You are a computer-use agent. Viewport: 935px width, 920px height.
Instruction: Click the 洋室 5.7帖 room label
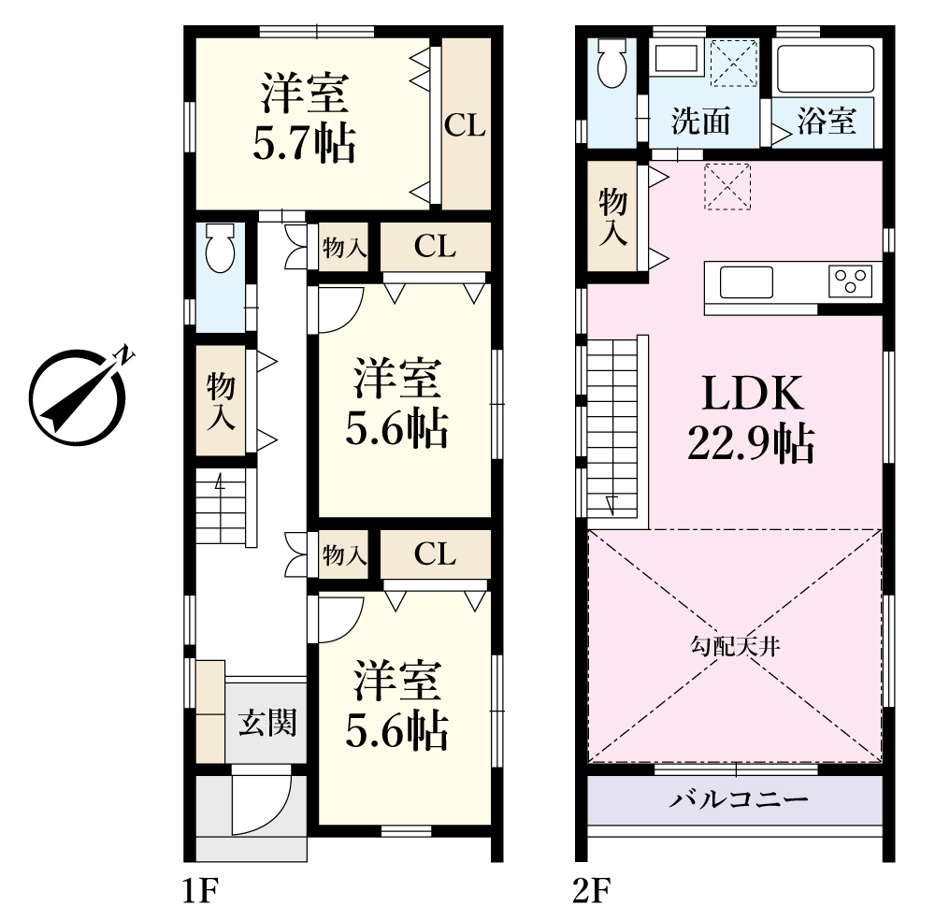[x=305, y=118]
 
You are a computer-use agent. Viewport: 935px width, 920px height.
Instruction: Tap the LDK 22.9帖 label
[x=752, y=418]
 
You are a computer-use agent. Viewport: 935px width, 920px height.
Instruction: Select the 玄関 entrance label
[x=267, y=723]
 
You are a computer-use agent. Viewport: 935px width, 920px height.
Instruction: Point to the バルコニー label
[x=739, y=799]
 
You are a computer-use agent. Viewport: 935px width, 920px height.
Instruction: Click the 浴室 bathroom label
[x=827, y=121]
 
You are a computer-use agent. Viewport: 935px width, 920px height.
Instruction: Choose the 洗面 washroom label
[x=700, y=122]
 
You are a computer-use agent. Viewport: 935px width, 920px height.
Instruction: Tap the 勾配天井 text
[x=735, y=646]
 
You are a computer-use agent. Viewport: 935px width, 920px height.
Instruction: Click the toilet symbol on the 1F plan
[x=220, y=248]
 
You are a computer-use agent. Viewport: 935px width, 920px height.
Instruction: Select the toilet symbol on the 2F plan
[x=611, y=63]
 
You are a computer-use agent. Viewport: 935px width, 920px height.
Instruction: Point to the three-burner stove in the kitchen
[x=850, y=281]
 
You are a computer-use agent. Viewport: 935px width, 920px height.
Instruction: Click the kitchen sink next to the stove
[x=746, y=282]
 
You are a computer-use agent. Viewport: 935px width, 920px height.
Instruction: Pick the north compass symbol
[x=79, y=395]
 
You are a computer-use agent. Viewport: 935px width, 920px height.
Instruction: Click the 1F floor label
[x=201, y=891]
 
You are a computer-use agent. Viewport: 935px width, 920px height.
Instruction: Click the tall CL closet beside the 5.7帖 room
[x=466, y=124]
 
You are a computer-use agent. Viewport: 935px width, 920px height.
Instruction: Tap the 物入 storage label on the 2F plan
[x=613, y=216]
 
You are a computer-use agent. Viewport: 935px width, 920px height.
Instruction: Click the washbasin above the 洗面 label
[x=678, y=58]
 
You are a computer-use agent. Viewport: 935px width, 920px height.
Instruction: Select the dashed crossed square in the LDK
[x=727, y=186]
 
